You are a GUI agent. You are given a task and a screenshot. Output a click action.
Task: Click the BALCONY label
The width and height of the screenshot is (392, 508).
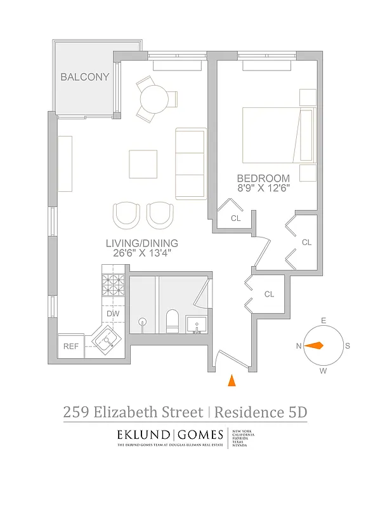point(84,77)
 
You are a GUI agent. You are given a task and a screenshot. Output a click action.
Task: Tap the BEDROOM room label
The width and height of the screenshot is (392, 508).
point(263,178)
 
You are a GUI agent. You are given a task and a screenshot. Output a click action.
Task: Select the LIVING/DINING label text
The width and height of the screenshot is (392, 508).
point(142,243)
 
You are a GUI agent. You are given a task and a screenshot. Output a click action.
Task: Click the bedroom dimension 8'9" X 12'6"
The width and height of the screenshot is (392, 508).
point(263,189)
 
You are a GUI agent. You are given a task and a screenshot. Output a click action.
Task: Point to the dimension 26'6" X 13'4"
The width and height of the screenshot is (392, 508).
point(142,253)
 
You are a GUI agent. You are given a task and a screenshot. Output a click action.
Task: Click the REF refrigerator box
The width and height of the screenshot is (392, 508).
point(70,346)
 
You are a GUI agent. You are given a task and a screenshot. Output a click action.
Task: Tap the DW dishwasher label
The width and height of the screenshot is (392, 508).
point(113,313)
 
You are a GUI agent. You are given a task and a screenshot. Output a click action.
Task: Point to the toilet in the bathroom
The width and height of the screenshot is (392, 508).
point(172,321)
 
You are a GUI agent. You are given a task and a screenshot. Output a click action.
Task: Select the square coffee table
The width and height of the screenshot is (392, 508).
point(143,164)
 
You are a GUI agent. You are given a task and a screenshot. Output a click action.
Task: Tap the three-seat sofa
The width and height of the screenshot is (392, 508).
point(190,163)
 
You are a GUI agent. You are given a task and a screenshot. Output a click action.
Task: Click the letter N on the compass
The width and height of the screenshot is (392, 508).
point(299,346)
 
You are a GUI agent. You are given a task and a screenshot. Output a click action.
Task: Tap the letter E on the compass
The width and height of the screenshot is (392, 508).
point(323,321)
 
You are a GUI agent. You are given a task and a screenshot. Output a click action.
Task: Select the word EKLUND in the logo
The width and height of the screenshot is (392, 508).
point(143,435)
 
